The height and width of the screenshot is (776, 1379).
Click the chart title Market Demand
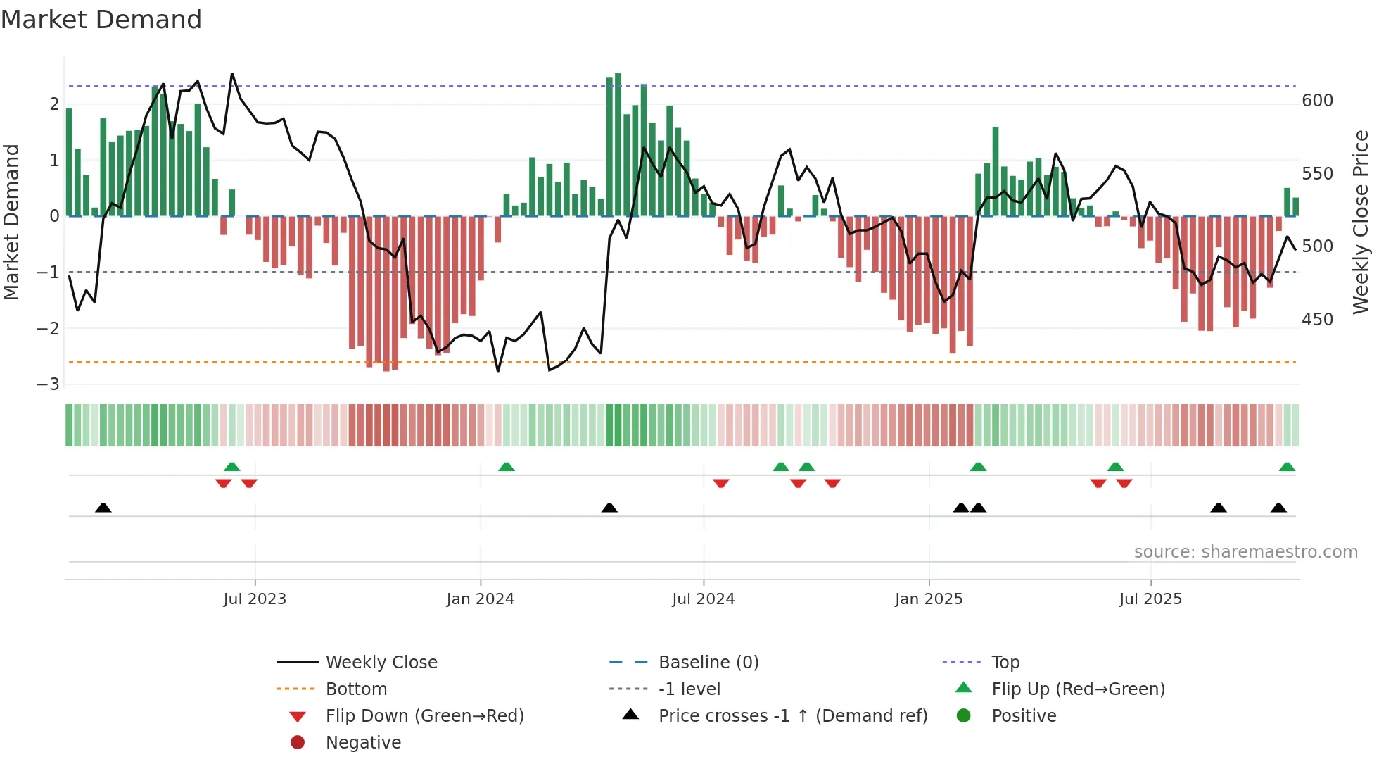tap(101, 20)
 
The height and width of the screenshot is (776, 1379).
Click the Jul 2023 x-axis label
tap(255, 599)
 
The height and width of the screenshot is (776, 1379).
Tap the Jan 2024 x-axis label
tap(480, 599)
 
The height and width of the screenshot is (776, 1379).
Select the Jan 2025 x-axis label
tap(928, 599)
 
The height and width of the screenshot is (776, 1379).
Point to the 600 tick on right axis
tap(1317, 101)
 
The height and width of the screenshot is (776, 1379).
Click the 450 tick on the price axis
tap(1317, 320)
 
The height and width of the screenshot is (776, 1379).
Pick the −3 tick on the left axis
tap(48, 384)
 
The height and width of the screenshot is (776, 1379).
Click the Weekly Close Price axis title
tap(1361, 222)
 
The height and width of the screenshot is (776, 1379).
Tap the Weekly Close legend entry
tap(381, 663)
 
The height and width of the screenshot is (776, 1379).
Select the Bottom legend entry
tap(356, 689)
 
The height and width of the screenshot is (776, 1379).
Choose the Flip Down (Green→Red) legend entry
tap(424, 716)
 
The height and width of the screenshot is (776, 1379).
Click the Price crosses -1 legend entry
tap(792, 716)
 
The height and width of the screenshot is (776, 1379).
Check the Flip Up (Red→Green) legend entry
tap(1078, 689)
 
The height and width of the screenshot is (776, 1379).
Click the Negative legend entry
tap(363, 743)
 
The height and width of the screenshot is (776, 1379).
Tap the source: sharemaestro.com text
tap(1245, 552)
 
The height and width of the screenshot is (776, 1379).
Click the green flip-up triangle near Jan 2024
tap(507, 467)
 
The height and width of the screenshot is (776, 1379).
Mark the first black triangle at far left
tap(103, 508)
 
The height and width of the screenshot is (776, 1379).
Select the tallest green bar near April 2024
tap(618, 144)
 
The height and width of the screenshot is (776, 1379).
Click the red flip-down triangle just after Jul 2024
tap(720, 483)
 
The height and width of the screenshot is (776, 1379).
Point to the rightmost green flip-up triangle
tap(1287, 467)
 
